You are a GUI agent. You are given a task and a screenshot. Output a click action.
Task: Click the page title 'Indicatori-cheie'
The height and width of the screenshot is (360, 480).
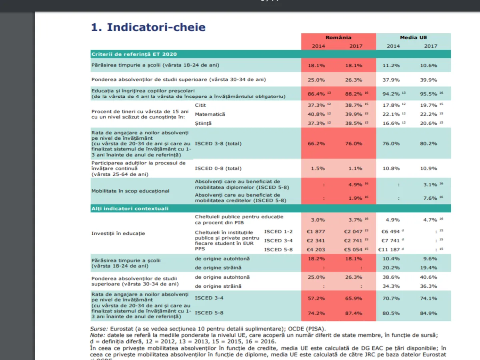(x=148, y=27)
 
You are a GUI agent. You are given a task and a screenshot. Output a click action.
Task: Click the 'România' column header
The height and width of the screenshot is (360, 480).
(x=338, y=38)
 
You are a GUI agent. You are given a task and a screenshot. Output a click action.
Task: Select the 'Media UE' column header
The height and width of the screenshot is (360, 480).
(x=413, y=38)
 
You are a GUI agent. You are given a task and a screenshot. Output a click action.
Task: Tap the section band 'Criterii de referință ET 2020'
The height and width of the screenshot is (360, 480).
(x=134, y=54)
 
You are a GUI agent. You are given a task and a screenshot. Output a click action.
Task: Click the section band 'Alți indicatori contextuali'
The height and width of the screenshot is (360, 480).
(x=130, y=208)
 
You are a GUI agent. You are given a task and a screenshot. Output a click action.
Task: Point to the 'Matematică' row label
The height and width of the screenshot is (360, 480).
(x=210, y=114)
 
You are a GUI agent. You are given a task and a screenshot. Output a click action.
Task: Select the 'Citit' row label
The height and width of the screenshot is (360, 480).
(x=201, y=105)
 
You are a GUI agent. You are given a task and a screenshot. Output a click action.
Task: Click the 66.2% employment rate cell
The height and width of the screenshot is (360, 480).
(x=316, y=143)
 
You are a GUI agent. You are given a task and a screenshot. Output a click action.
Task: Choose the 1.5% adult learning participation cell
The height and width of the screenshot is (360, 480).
(x=318, y=168)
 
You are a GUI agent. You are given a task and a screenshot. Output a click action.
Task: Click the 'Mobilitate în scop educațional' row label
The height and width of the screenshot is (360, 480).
(x=130, y=191)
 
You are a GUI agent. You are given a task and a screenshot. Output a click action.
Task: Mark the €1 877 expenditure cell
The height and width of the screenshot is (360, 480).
(x=316, y=232)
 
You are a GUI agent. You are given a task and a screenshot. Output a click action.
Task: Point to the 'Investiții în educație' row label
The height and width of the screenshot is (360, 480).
(x=118, y=233)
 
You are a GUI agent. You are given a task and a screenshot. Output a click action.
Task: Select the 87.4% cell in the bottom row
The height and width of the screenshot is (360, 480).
(x=354, y=313)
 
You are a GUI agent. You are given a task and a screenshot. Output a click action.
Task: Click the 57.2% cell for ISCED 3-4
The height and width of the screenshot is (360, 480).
(x=316, y=298)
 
